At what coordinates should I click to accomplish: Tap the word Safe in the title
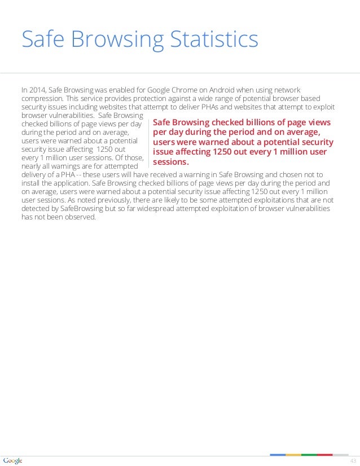[x=41, y=40]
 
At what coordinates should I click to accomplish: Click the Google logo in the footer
[x=12, y=461]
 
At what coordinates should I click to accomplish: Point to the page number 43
[x=353, y=461]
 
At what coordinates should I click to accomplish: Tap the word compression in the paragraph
[x=41, y=99]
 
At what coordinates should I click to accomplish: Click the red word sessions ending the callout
[x=170, y=162]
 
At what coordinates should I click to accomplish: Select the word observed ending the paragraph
[x=80, y=217]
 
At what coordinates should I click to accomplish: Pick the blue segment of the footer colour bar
[x=278, y=455]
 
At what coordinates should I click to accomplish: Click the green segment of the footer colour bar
[x=309, y=455]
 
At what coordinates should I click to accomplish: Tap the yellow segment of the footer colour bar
[x=293, y=455]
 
